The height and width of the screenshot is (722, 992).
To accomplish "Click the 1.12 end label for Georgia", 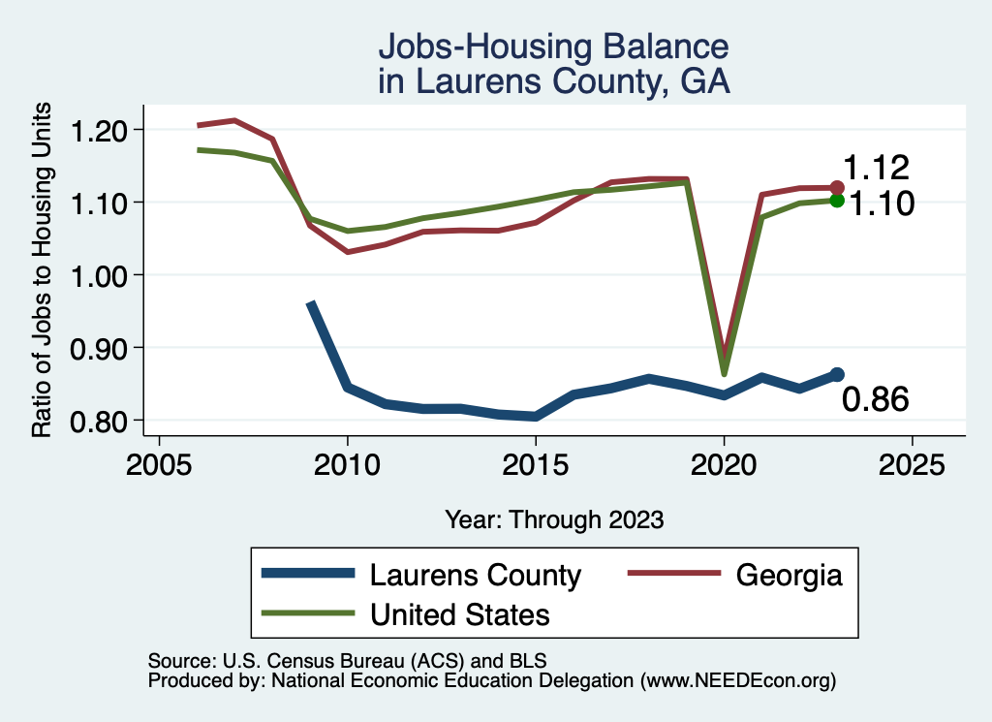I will click(875, 168).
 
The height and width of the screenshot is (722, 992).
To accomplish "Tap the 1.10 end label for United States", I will click(882, 204).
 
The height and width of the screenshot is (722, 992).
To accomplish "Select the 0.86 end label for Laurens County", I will click(875, 398).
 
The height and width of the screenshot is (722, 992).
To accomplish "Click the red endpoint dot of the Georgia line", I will click(837, 187).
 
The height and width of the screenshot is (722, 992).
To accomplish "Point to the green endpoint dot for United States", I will click(837, 200).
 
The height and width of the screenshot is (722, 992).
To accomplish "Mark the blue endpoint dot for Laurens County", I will click(837, 374).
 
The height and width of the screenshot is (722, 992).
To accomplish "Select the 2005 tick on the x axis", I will click(158, 465).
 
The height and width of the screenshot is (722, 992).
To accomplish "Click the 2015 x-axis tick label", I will click(535, 465).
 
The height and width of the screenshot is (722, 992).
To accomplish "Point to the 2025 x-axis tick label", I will click(911, 465).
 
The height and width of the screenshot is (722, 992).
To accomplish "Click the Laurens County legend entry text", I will click(475, 576).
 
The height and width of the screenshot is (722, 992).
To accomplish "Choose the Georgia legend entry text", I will click(789, 576).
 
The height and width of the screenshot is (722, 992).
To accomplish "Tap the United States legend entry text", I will click(459, 614).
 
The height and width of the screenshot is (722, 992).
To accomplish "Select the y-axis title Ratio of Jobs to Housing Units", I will click(43, 275).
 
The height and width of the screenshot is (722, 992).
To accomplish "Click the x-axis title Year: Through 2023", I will click(554, 519).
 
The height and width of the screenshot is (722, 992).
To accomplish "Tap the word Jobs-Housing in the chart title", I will click(466, 47).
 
